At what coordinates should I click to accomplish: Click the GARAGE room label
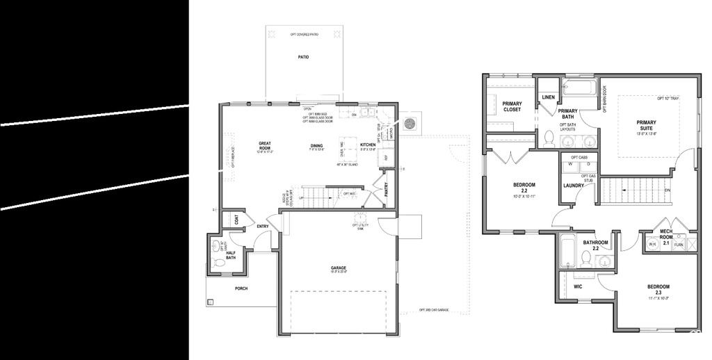click(339, 268)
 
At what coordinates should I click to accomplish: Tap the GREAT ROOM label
click(264, 146)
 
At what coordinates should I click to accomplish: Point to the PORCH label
click(241, 288)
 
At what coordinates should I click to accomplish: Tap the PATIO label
click(303, 58)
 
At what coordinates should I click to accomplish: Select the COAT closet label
click(237, 219)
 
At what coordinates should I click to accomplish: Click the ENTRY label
click(262, 227)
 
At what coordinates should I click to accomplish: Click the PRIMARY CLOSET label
click(512, 106)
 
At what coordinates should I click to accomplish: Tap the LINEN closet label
click(549, 97)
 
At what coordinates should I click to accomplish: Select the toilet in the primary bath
click(549, 137)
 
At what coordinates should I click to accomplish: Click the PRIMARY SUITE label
click(646, 125)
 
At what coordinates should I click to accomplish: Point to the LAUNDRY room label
click(573, 186)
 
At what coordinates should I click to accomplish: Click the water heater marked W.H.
click(653, 245)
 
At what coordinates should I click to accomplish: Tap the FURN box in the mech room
click(678, 245)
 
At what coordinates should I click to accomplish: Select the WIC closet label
click(578, 286)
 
